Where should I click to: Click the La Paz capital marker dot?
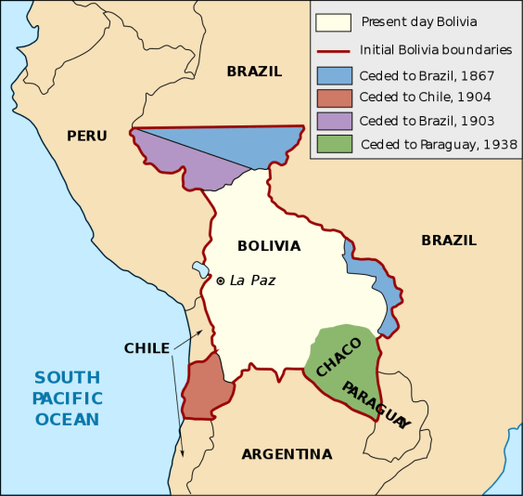point(221,280)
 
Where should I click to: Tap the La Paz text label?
point(252,280)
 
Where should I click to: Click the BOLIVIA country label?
point(269,246)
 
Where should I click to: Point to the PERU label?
point(87,136)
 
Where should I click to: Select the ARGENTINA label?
point(287,454)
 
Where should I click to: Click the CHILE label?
point(147,348)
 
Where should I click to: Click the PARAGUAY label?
point(375,404)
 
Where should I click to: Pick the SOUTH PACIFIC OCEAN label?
point(68,398)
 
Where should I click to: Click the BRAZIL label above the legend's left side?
point(254,71)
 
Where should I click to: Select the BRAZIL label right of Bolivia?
point(449,240)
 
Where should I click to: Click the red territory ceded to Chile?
point(209,383)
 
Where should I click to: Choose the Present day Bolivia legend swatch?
point(332,21)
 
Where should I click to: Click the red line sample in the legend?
point(332,49)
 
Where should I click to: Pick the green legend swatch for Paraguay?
point(332,144)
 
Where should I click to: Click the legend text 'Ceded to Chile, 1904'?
point(426,97)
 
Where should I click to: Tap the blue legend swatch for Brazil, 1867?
point(332,73)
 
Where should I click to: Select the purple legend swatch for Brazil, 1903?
point(332,120)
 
